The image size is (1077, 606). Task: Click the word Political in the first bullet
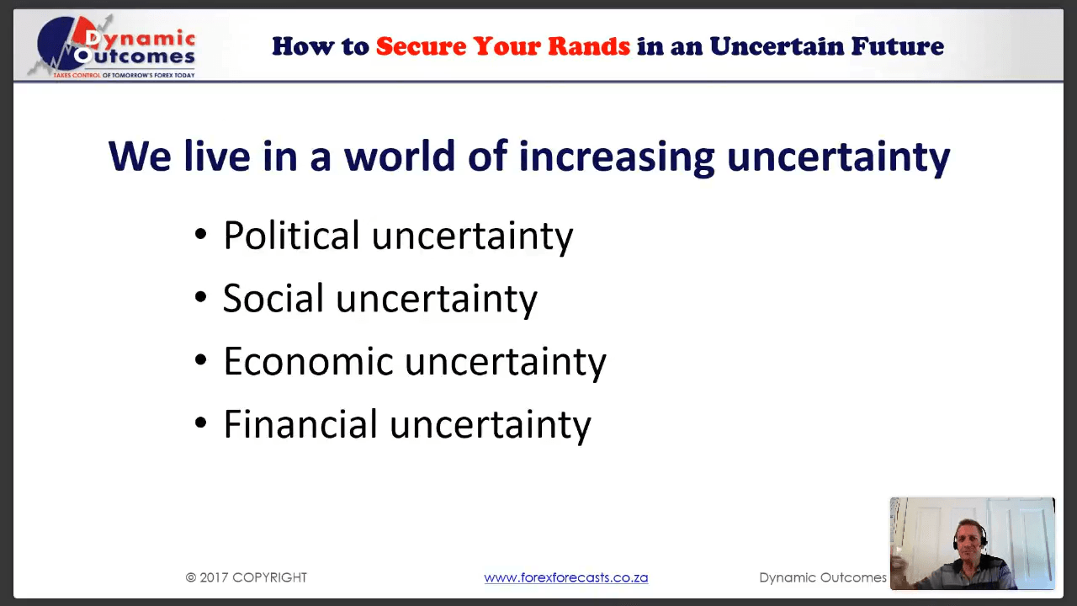click(291, 236)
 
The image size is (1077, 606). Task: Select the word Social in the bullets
click(273, 298)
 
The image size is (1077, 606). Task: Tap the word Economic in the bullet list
click(309, 361)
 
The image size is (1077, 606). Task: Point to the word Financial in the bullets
click(300, 424)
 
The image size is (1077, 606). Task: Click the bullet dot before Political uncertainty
click(201, 235)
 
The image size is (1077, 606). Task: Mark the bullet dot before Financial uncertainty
click(201, 423)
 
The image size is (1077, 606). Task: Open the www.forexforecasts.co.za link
click(566, 577)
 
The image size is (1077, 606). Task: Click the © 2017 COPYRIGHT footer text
click(247, 577)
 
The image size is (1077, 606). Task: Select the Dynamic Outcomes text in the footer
click(823, 577)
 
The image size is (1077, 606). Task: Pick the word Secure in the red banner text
click(422, 46)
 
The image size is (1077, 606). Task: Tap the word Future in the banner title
click(897, 46)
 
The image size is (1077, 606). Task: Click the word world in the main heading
click(399, 156)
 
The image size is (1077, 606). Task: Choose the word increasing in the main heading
click(617, 157)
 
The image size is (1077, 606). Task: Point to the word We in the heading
click(140, 156)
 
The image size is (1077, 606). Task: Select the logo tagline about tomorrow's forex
click(124, 75)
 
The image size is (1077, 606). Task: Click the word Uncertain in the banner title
click(777, 46)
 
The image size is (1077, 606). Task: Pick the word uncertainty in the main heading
click(839, 157)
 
